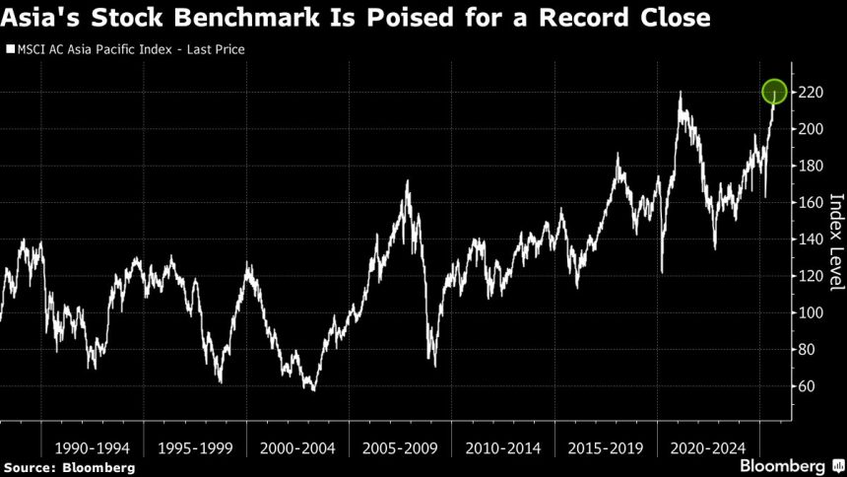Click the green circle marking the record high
point(774,92)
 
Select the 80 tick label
point(808,350)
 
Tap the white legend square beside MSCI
point(10,47)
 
